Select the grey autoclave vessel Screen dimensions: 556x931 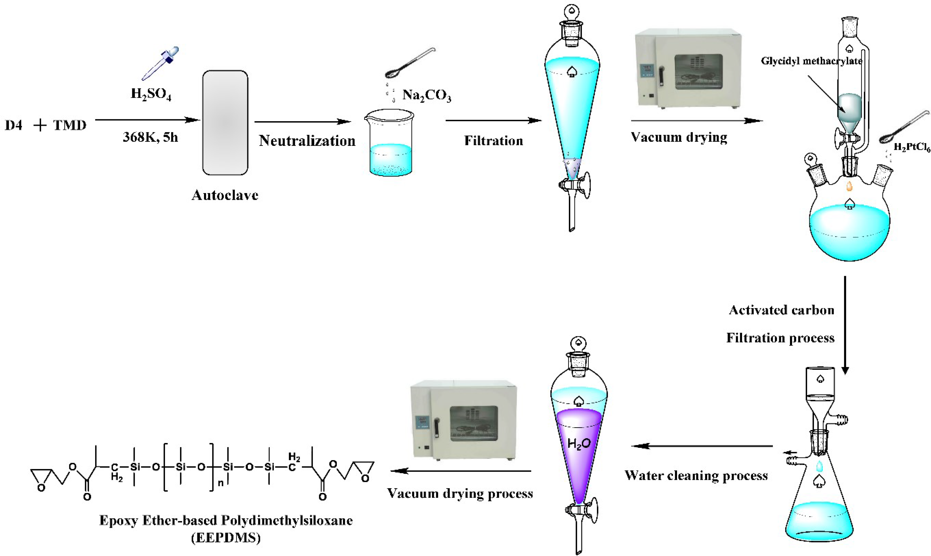(225, 122)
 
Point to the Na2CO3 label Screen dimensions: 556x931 (427, 96)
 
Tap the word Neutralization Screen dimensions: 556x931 (307, 141)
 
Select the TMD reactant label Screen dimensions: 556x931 (70, 125)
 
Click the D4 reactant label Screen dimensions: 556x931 (14, 125)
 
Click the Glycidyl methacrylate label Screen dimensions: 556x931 (811, 61)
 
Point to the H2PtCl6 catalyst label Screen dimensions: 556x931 (911, 147)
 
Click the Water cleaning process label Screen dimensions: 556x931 (696, 475)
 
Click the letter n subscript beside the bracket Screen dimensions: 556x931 (221, 483)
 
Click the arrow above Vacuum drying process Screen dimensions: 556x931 (461, 471)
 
